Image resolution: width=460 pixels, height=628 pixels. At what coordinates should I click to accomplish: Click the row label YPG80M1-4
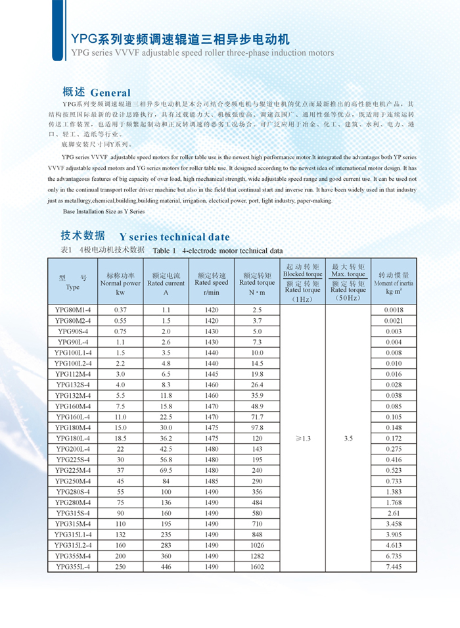(73, 309)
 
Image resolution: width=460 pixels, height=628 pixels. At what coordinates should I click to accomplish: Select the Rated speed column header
(212, 283)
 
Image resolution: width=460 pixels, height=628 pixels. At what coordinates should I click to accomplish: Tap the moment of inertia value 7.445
(394, 566)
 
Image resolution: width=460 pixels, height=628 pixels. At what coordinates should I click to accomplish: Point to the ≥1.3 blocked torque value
(303, 437)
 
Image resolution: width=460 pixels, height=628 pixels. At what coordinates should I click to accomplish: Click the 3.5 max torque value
(348, 437)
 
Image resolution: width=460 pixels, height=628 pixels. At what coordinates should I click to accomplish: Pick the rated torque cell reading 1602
(257, 566)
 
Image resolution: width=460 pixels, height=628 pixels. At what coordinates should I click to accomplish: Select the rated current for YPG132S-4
(166, 385)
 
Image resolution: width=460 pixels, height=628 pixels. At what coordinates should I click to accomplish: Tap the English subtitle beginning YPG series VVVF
(202, 53)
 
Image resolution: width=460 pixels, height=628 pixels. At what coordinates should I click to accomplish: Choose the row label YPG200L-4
(73, 448)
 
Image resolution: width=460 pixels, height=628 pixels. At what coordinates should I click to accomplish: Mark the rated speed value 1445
(212, 374)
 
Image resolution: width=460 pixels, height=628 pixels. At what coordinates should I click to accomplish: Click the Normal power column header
(120, 283)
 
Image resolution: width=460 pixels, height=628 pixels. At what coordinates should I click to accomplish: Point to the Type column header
(73, 283)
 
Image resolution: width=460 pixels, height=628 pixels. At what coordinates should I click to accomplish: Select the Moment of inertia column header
(394, 283)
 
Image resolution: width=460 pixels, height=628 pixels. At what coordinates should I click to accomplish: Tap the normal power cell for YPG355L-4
(120, 566)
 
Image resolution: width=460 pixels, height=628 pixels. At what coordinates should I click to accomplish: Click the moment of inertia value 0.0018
(394, 309)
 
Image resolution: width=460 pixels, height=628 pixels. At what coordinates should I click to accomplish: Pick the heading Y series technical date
(174, 237)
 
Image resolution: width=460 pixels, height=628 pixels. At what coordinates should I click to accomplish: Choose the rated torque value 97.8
(257, 427)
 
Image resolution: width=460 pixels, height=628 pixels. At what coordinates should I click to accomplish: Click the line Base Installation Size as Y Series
(104, 212)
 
